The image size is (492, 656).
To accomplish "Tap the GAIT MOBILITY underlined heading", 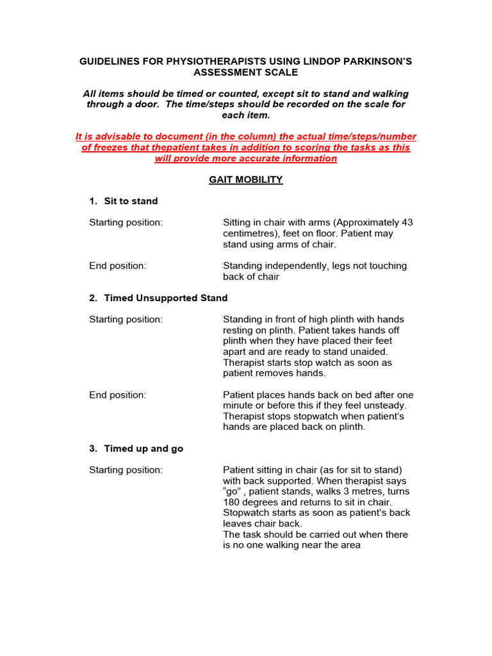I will pos(245,179).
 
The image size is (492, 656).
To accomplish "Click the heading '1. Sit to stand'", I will pos(123,201).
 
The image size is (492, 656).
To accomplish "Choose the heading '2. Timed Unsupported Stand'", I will pos(158,298).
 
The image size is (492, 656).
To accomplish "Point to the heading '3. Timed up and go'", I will pos(136,448).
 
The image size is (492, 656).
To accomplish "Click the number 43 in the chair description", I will pos(407,223).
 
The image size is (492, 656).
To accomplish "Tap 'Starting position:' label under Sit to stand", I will pos(126,223).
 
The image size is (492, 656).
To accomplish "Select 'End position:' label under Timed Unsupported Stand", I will pos(118,395).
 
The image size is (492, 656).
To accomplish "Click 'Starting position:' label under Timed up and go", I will pos(126,470).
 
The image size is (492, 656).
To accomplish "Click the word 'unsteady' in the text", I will pos(385,406).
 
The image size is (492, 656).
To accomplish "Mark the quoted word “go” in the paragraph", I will pos(233,491).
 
